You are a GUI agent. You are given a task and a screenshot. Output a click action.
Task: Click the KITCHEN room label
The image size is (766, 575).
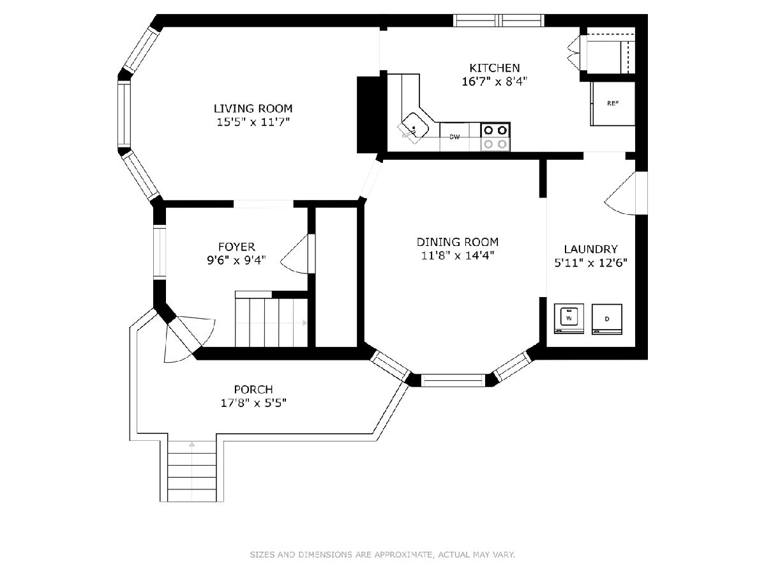[x=494, y=68]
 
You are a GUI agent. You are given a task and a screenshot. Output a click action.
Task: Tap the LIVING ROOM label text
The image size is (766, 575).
[x=253, y=109]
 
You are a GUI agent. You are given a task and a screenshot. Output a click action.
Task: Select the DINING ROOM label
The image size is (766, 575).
[x=458, y=242]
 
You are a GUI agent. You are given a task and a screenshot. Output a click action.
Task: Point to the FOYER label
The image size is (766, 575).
[x=237, y=247]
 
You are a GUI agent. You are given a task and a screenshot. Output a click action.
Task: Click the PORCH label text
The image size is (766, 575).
[x=253, y=389]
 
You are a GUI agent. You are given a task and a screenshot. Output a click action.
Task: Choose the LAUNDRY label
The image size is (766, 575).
[x=591, y=249]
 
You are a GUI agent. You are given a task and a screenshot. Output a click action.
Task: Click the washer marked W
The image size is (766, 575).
[x=569, y=318]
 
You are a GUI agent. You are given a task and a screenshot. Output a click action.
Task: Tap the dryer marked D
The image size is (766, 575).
[x=607, y=319]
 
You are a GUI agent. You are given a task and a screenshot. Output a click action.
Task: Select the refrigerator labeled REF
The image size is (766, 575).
[x=612, y=103]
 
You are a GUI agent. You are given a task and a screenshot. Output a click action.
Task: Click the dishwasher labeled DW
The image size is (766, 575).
[x=454, y=137]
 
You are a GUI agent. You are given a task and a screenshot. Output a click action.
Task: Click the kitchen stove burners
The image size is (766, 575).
[x=495, y=137]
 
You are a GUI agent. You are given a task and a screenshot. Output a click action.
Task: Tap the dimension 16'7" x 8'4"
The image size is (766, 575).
[x=494, y=82]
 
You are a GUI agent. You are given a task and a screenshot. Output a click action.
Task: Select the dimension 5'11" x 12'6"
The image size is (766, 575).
[x=591, y=263]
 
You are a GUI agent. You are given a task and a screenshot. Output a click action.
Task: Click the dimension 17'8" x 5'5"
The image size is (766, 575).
[x=253, y=403]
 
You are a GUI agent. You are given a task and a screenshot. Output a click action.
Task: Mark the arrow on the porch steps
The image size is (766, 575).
[x=191, y=445]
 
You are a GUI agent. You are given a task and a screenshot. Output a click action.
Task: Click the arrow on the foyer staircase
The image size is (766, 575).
[x=304, y=323]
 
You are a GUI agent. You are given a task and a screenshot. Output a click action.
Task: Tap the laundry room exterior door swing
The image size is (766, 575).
[x=620, y=194]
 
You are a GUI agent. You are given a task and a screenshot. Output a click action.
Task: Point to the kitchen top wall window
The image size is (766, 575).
[x=499, y=20]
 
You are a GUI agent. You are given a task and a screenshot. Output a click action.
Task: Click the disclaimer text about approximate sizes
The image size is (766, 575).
[x=382, y=555]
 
